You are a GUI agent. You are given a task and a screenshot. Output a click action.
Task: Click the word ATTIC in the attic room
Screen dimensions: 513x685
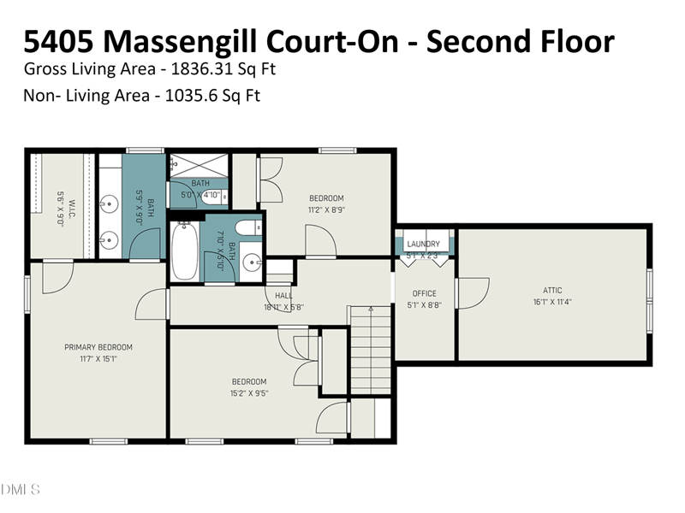[552, 290]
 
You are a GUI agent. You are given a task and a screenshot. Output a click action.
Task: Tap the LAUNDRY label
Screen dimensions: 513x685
[423, 244]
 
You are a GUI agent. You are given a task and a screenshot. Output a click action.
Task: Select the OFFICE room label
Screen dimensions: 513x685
[425, 293]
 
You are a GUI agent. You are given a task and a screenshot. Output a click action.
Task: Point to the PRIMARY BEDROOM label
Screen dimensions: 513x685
[98, 347]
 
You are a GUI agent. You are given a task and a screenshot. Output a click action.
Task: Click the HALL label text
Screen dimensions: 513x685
[283, 296]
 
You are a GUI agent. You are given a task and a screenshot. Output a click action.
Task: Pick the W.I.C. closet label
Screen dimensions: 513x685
[72, 206]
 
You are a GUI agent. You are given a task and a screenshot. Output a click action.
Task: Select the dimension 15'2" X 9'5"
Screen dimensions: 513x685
[249, 393]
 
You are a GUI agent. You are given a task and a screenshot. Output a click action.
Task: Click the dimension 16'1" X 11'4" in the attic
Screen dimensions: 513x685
[552, 301]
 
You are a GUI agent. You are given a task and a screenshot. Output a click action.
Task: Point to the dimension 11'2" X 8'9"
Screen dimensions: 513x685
[326, 209]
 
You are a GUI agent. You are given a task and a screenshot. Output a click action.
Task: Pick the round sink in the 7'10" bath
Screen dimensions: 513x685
[250, 262]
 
